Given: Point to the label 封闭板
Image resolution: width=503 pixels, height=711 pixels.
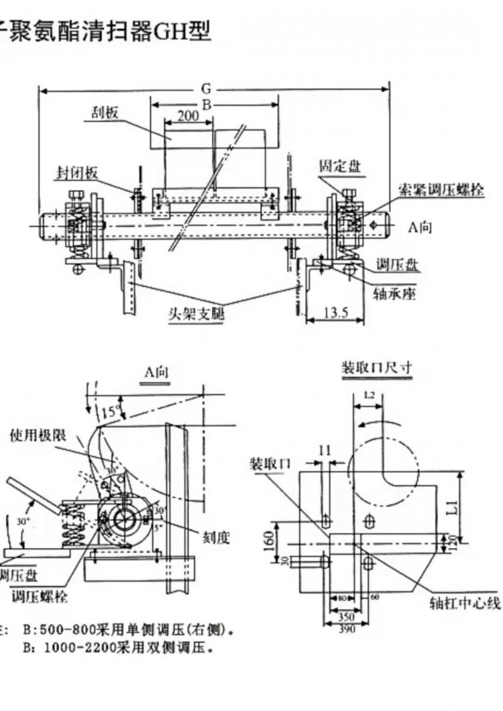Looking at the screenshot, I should (x=76, y=172).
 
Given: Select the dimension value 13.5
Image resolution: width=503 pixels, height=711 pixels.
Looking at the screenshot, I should (x=335, y=312).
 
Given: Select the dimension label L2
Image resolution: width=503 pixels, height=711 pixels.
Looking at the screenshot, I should (x=368, y=396).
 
